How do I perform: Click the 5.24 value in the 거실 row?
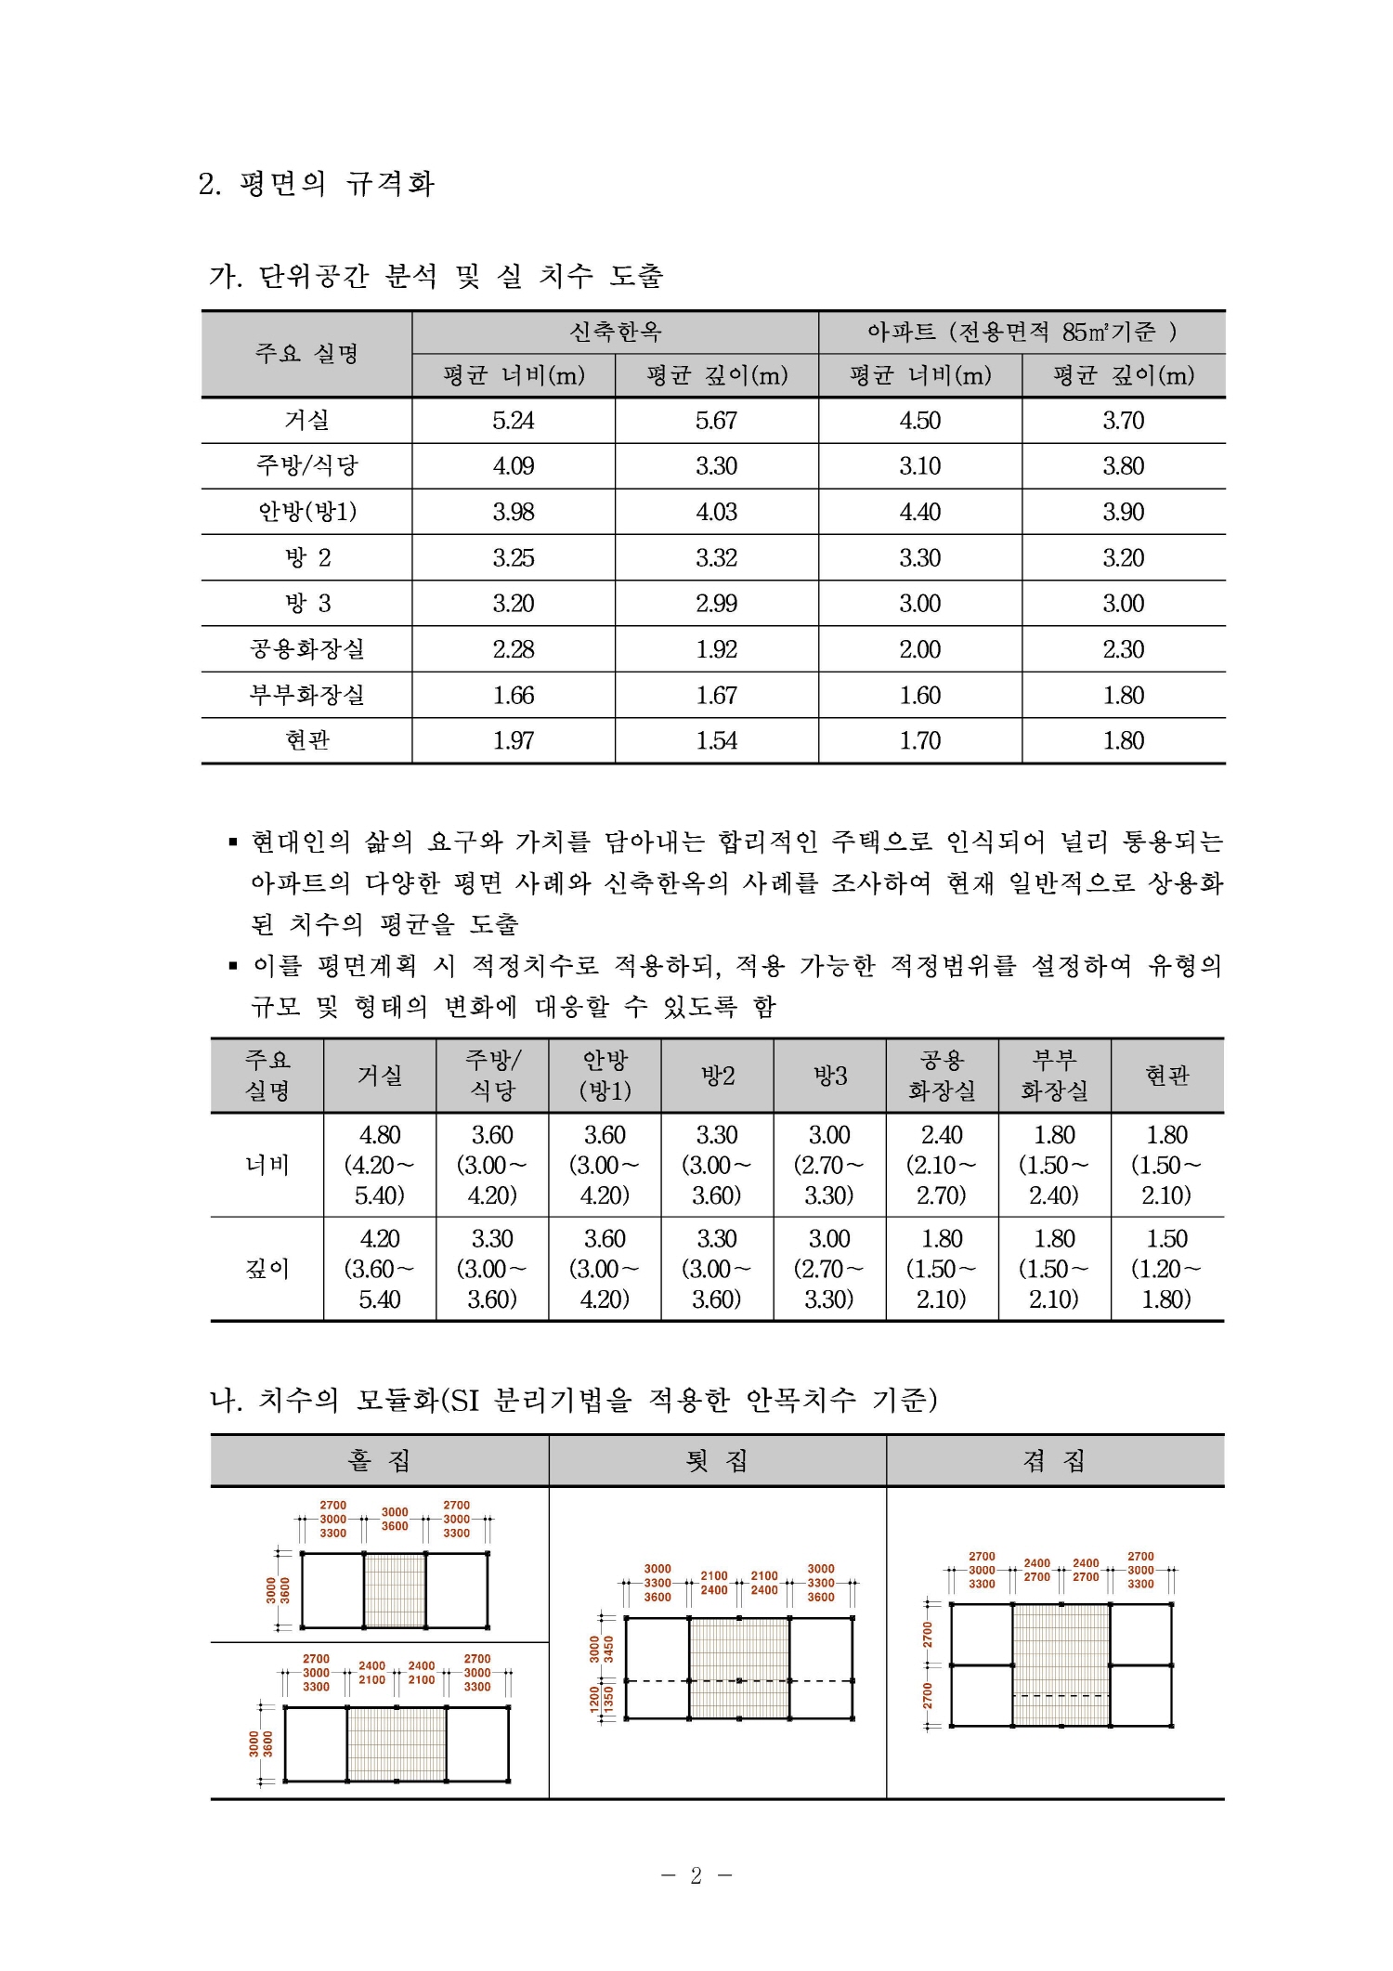coord(513,421)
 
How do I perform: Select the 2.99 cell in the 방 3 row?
coord(716,604)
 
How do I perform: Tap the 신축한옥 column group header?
coord(615,333)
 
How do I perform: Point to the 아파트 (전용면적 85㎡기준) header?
coord(1022,333)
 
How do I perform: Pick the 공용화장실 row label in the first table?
coord(306,649)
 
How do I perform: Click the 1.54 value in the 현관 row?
coord(716,741)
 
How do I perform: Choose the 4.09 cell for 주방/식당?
coord(513,466)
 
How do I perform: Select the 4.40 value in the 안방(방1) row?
coord(919,512)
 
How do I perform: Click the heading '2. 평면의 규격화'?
coord(317,184)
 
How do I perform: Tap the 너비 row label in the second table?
coord(267,1165)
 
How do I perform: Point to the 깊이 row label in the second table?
coord(267,1269)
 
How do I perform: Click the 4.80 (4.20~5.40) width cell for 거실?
coord(379,1165)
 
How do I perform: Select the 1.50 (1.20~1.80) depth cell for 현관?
coord(1166,1269)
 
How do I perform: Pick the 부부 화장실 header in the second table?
coord(1054,1076)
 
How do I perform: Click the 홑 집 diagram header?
coord(379,1461)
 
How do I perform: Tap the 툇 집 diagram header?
coord(716,1461)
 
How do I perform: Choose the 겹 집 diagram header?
coord(1054,1461)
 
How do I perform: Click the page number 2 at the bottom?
coord(696,1875)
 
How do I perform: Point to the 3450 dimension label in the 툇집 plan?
coord(609,1649)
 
